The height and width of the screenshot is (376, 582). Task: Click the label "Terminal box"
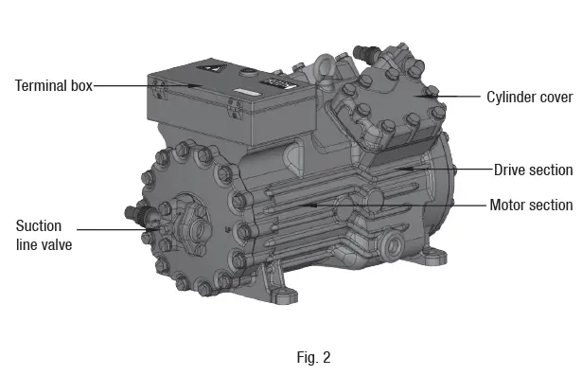tap(54, 86)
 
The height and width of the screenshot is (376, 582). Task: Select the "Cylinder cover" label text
tap(528, 97)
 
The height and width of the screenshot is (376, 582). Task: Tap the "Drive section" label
tap(533, 170)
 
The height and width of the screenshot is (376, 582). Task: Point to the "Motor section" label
tap(531, 205)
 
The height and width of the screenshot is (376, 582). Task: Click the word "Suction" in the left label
tap(39, 225)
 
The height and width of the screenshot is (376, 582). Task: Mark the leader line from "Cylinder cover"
tap(454, 97)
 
